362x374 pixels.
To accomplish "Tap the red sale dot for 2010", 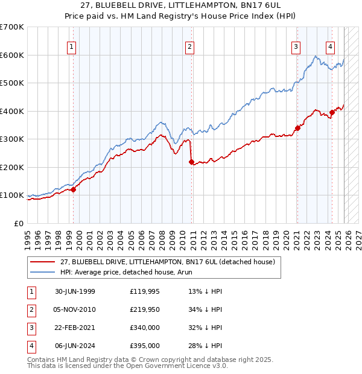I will tap(191, 162).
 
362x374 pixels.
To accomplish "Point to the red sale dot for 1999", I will tap(74, 189).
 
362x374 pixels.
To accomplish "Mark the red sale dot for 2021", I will tap(297, 128).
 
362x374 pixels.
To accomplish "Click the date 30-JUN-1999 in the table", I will tap(75, 291).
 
